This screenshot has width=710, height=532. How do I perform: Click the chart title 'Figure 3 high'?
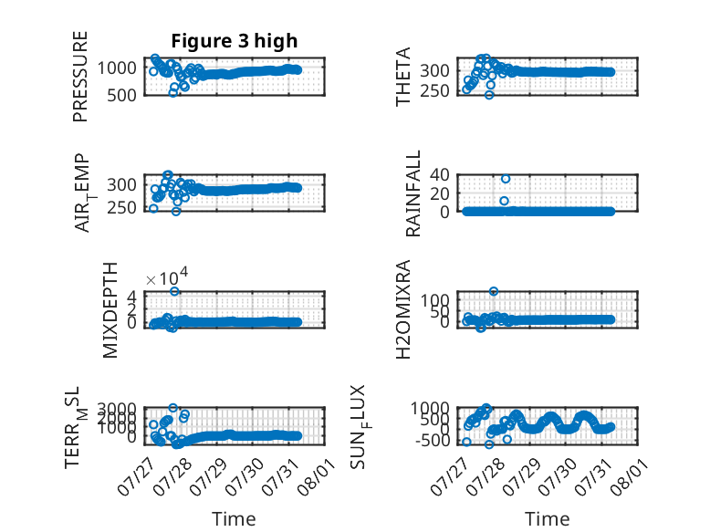pyautogui.click(x=235, y=41)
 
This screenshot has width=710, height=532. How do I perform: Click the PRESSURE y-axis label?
pyautogui.click(x=80, y=77)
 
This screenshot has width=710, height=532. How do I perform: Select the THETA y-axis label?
pyautogui.click(x=403, y=77)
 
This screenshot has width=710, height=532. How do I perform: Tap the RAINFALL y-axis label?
pyautogui.click(x=413, y=193)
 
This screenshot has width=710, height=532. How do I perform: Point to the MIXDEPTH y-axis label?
pyautogui.click(x=110, y=310)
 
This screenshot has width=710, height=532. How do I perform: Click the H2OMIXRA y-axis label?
pyautogui.click(x=403, y=309)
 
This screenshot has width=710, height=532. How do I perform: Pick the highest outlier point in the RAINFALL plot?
pyautogui.click(x=506, y=179)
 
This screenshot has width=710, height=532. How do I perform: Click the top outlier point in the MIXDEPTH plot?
pyautogui.click(x=175, y=291)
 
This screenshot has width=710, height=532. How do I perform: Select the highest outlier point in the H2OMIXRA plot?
pyautogui.click(x=494, y=291)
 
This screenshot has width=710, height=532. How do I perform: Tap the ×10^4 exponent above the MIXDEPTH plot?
pyautogui.click(x=167, y=276)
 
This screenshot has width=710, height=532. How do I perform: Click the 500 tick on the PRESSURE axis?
pyautogui.click(x=121, y=95)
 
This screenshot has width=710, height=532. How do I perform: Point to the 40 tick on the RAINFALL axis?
pyautogui.click(x=439, y=174)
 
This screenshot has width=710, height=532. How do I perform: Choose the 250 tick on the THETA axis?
pyautogui.click(x=434, y=90)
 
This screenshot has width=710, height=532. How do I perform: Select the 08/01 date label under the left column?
pyautogui.click(x=317, y=476)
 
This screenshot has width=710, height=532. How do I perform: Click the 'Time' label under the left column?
pyautogui.click(x=234, y=519)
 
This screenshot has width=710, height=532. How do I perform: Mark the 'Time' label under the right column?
pyautogui.click(x=547, y=519)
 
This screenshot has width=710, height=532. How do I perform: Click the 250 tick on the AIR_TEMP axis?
pyautogui.click(x=121, y=208)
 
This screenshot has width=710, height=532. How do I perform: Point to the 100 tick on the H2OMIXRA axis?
pyautogui.click(x=434, y=299)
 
